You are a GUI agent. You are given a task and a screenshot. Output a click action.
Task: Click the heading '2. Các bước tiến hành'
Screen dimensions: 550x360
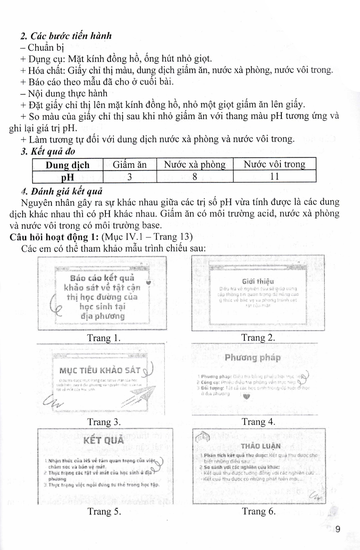tap(66, 36)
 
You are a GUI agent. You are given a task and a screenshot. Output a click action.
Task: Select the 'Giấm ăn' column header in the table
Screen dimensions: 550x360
tap(130, 165)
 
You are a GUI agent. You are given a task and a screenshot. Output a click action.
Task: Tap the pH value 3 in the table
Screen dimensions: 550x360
tap(130, 177)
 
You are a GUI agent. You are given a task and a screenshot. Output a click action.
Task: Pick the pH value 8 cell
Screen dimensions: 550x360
tap(194, 177)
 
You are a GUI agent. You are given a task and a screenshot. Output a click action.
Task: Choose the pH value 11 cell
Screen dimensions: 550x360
tap(274, 176)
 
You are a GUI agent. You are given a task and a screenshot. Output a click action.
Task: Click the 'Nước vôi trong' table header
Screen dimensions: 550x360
tap(274, 164)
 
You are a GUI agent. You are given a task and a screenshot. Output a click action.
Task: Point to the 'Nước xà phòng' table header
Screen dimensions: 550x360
tap(194, 165)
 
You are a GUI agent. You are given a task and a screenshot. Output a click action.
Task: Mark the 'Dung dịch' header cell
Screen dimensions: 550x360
tap(68, 165)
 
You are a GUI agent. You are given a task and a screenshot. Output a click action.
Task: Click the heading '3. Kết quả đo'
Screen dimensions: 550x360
tap(48, 151)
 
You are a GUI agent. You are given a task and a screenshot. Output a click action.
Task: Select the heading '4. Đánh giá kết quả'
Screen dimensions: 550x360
tap(62, 191)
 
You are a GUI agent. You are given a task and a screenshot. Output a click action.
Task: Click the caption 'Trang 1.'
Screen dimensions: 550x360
tap(104, 338)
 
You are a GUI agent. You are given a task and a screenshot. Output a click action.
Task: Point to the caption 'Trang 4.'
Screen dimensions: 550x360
tap(258, 422)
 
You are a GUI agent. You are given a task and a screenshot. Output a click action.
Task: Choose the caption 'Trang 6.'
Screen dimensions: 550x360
tap(259, 511)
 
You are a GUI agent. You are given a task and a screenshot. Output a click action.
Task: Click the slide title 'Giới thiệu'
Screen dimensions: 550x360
tap(258, 282)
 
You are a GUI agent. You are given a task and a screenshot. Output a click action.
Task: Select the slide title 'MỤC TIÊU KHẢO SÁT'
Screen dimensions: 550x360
tap(100, 370)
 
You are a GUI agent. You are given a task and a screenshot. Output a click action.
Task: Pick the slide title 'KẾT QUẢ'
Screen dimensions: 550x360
tap(104, 440)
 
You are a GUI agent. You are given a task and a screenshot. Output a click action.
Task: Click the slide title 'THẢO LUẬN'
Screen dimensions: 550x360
tap(261, 446)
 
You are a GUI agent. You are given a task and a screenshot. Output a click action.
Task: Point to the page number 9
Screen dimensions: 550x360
tap(338, 529)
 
